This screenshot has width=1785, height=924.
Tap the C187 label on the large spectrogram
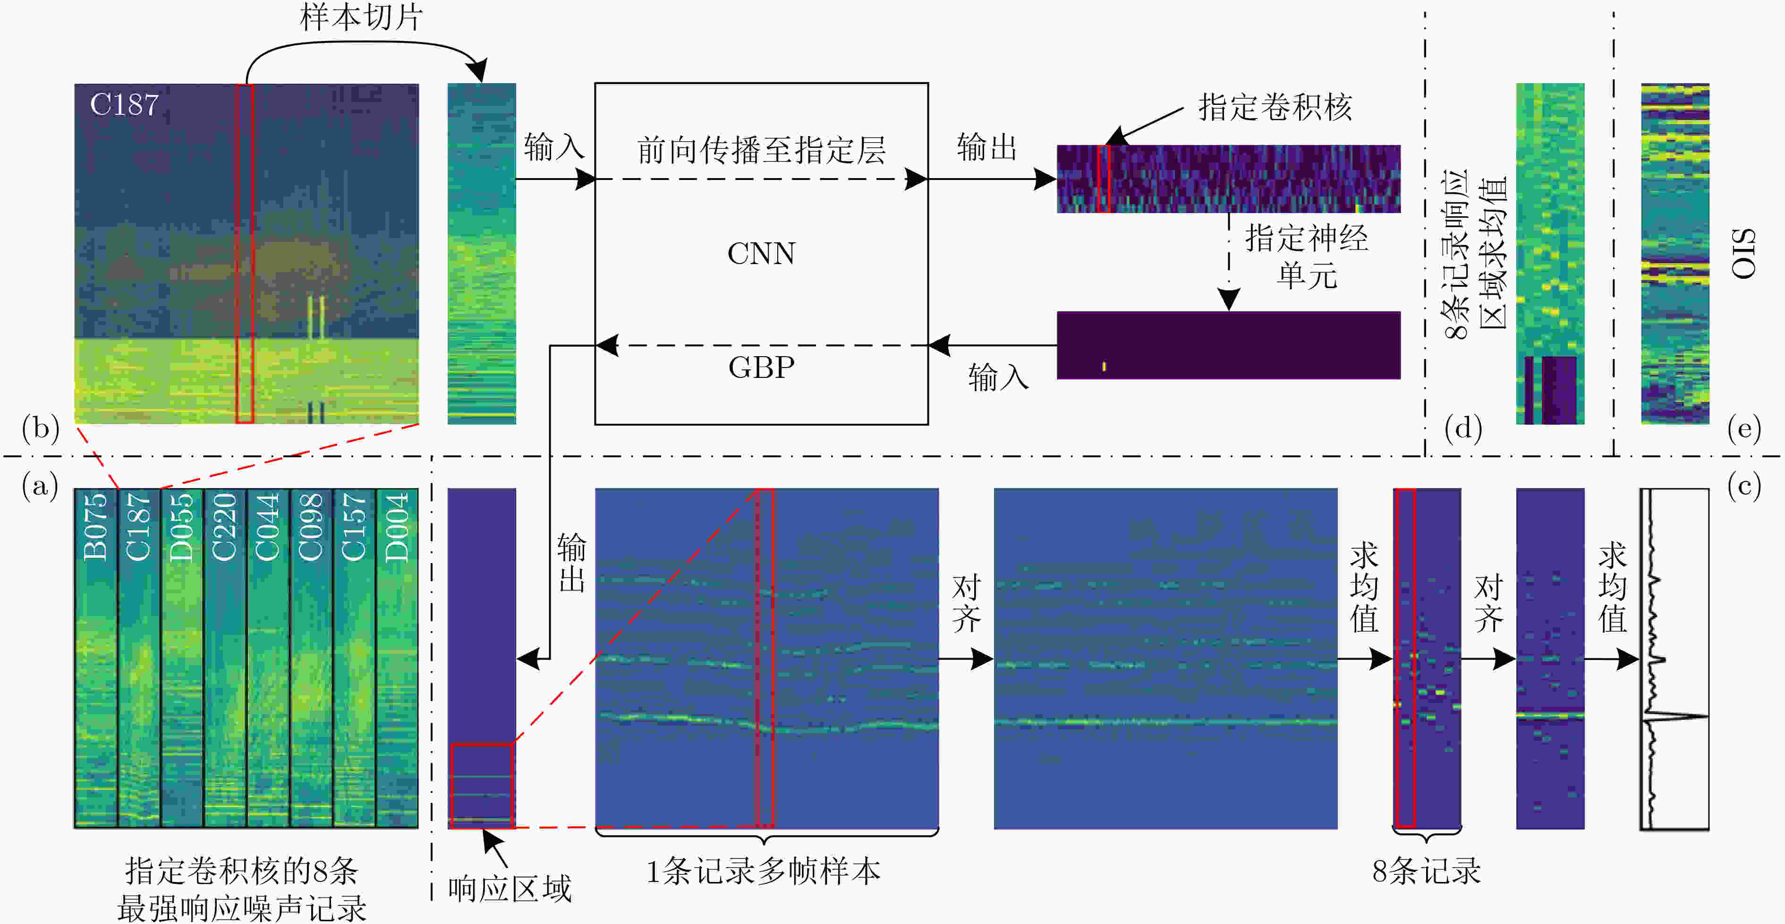click(x=124, y=105)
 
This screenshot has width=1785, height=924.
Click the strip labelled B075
click(x=96, y=659)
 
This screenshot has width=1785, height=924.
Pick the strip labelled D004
click(x=397, y=659)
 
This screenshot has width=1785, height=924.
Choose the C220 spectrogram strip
click(x=225, y=659)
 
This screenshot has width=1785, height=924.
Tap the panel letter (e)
click(x=1743, y=429)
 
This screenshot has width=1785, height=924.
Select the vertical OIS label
click(x=1743, y=254)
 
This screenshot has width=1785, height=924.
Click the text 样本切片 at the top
click(x=361, y=17)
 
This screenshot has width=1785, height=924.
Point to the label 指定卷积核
click(x=1275, y=107)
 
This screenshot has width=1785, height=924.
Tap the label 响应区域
click(x=510, y=889)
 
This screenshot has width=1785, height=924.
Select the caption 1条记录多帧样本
click(x=763, y=871)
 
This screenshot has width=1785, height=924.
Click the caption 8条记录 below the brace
click(x=1427, y=871)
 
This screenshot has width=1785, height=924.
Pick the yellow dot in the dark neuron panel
click(x=1104, y=366)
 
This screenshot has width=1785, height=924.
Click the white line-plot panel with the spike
click(x=1674, y=659)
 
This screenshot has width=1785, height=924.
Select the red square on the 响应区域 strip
click(x=482, y=786)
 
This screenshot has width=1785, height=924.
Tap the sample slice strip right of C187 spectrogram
click(x=482, y=254)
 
